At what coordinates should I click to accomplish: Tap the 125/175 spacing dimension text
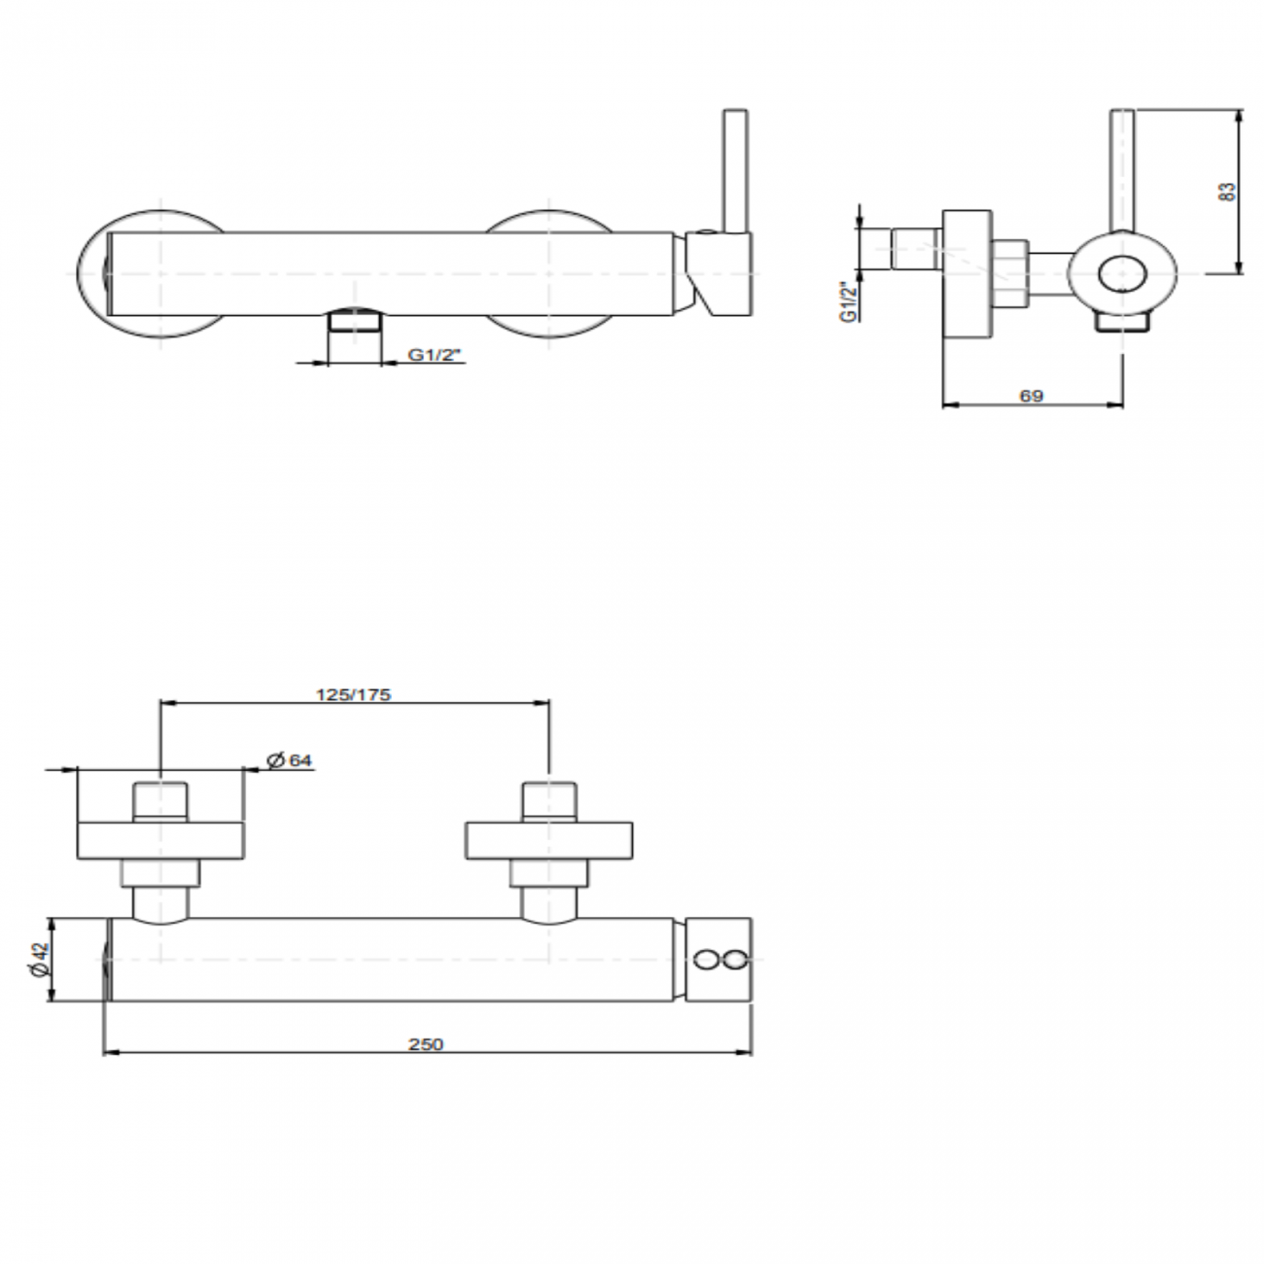pos(354,694)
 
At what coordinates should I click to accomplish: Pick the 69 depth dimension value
pos(1032,396)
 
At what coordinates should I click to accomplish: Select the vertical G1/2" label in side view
pos(849,301)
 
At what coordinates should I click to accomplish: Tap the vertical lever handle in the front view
pos(734,170)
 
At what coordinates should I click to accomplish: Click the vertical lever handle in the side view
pos(1123,170)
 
